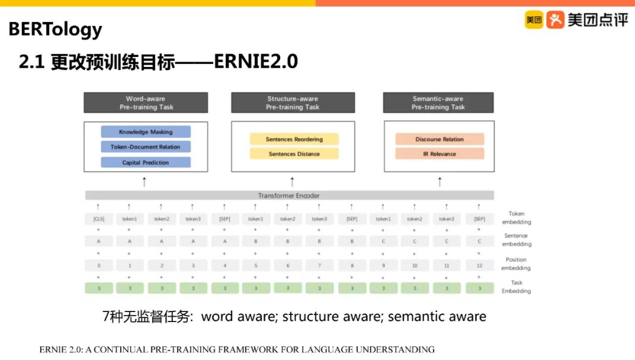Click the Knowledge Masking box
coord(146,132)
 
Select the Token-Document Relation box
coord(146,147)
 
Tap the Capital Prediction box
coord(146,162)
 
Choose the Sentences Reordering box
coord(294,139)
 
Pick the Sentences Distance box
coord(294,154)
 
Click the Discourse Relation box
coord(440,139)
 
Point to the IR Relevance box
coord(440,154)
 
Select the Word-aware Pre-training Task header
coord(146,102)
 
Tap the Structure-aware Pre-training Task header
coord(293,102)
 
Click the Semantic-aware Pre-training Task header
coord(438,102)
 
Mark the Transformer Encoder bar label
coord(289,195)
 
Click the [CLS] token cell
coord(98,219)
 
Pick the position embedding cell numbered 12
coord(479,266)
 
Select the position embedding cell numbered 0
coord(98,266)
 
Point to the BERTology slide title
coord(55,29)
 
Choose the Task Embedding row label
coord(516,287)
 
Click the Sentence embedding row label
coord(516,240)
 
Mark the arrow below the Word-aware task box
coord(144,181)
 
